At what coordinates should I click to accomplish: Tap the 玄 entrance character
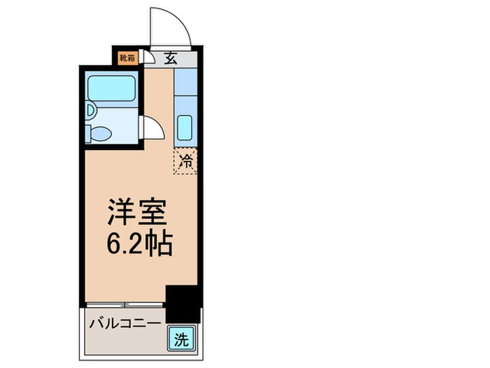[x=171, y=58]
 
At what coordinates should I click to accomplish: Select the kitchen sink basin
[x=185, y=128]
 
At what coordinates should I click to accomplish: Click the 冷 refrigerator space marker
[x=185, y=161]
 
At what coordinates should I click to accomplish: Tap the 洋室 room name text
[x=138, y=212]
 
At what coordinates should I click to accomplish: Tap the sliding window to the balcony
[x=125, y=305]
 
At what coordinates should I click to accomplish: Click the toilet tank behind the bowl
[x=89, y=132]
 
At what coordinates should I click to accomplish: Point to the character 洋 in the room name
[x=121, y=212]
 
